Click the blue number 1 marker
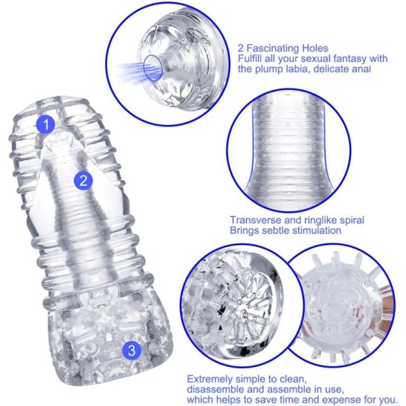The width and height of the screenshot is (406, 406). [x=46, y=124]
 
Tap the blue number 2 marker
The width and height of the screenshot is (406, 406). [x=83, y=180]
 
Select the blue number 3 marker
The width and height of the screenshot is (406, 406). [x=132, y=351]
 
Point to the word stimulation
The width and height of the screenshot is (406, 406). [x=317, y=230]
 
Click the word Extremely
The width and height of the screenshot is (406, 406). [x=210, y=379]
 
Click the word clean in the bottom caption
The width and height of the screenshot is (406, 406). [x=293, y=379]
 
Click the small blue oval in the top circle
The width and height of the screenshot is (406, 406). [x=154, y=68]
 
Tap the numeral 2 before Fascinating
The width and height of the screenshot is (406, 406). [x=241, y=49]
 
